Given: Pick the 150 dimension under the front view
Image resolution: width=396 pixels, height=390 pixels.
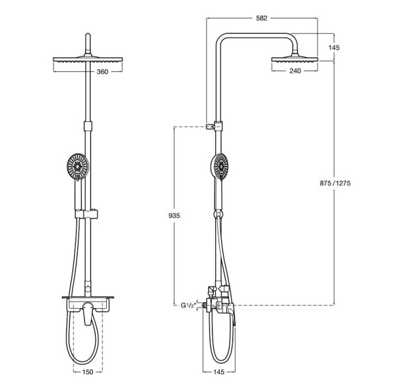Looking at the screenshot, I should tap(88, 372).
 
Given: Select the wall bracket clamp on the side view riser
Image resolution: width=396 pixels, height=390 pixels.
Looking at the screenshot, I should tap(214, 124).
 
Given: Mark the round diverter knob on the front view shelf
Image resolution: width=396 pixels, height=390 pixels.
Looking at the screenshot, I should tap(88, 290).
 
